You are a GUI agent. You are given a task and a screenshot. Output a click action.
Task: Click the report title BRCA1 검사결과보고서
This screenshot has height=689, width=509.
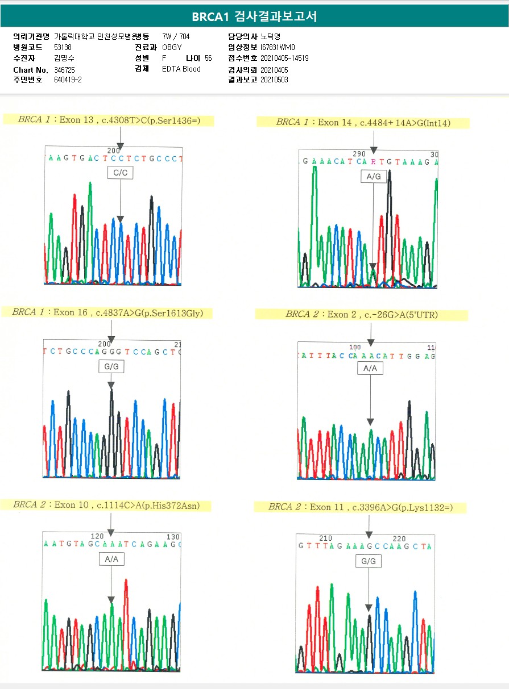[x=254, y=16]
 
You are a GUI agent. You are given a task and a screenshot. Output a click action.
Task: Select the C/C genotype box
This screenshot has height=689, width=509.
[x=120, y=173]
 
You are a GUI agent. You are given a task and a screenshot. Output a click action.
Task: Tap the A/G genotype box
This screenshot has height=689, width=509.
[x=373, y=177]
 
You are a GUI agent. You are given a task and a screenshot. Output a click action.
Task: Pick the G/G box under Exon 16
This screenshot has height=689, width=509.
[x=111, y=367]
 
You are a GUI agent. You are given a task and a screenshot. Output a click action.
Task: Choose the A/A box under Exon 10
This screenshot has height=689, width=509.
[x=111, y=559]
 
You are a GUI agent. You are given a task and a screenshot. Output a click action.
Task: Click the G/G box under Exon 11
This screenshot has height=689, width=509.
[x=369, y=562]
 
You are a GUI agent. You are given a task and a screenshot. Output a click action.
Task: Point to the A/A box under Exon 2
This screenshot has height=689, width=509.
[x=370, y=369]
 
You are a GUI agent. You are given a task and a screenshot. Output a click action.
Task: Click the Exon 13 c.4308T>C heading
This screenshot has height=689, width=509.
[x=108, y=120]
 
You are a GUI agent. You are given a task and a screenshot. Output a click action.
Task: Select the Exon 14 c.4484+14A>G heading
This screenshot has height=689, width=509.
[x=363, y=122]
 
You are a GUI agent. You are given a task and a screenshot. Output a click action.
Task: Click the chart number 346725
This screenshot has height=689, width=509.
[x=65, y=70]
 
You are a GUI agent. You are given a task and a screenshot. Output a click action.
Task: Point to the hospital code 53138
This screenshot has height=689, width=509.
[x=63, y=48]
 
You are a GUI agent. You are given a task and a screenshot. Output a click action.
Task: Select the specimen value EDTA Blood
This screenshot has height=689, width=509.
[x=181, y=69]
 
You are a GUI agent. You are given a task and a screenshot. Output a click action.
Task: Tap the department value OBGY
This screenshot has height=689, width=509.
[x=172, y=48]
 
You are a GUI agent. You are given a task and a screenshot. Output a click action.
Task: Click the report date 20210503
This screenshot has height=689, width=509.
[x=274, y=80]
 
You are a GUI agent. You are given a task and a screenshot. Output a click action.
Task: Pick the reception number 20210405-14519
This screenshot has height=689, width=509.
[x=284, y=59]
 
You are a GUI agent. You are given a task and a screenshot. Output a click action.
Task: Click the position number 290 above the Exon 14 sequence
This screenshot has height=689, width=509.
[x=359, y=154]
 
